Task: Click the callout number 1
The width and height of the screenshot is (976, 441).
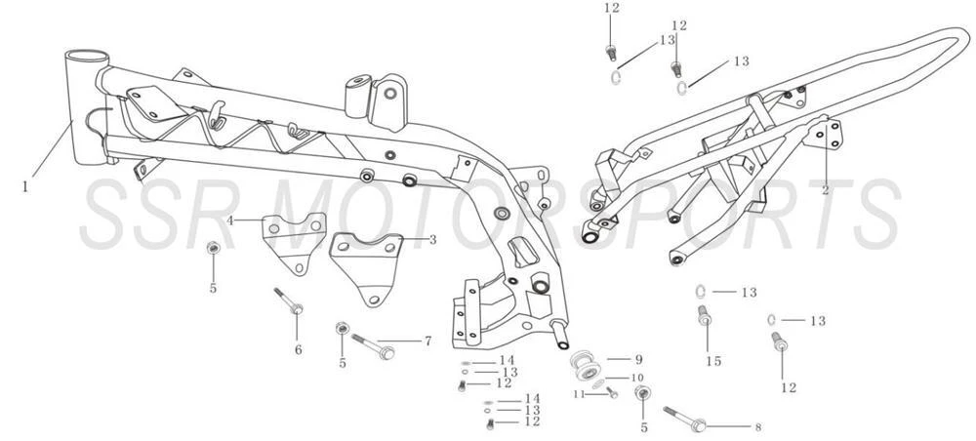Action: [x=25, y=185]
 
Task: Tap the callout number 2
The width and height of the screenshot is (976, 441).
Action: [x=826, y=190]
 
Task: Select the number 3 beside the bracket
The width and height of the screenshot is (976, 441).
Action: [x=432, y=239]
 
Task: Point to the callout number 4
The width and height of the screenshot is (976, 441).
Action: [x=230, y=220]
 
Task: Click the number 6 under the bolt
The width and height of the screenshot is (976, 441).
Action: [x=298, y=350]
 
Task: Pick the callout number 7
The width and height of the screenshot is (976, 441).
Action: [x=427, y=341]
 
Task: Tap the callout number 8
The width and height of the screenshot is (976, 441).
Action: [x=757, y=427]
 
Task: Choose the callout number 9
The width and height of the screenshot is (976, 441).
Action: [x=638, y=359]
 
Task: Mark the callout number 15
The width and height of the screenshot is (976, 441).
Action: [x=713, y=361]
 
